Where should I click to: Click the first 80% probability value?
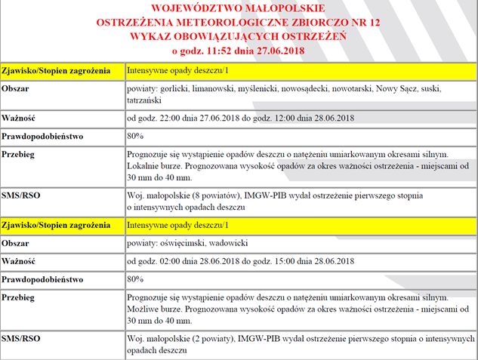tap(135, 136)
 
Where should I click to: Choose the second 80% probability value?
tap(135, 279)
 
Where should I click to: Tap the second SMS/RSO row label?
tap(22, 337)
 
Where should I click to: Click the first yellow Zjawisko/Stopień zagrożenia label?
tap(60, 72)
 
